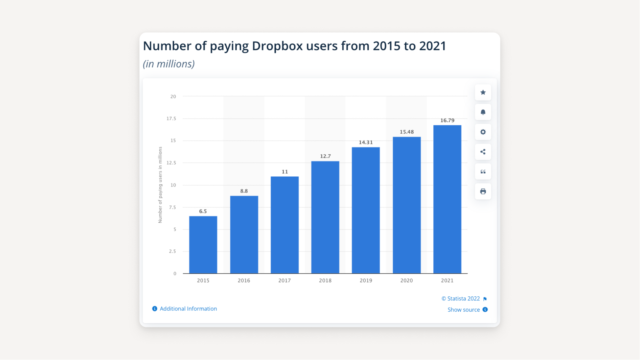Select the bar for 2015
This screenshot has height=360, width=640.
pyautogui.click(x=203, y=245)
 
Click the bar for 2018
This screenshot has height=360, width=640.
pyautogui.click(x=325, y=217)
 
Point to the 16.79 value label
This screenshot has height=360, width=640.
pyautogui.click(x=447, y=121)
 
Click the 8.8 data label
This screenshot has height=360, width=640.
pyautogui.click(x=244, y=191)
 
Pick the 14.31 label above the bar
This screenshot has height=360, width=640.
pyautogui.click(x=365, y=143)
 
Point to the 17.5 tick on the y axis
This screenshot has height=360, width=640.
pyautogui.click(x=171, y=119)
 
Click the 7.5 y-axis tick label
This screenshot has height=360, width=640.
pyautogui.click(x=172, y=207)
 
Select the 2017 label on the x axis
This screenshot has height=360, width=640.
pyautogui.click(x=285, y=280)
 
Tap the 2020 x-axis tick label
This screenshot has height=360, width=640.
pyautogui.click(x=406, y=280)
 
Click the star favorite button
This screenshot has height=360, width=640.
pyautogui.click(x=483, y=93)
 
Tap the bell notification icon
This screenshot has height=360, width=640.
pyautogui.click(x=483, y=112)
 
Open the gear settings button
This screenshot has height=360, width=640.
pyautogui.click(x=483, y=132)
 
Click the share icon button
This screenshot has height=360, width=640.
pyautogui.click(x=483, y=152)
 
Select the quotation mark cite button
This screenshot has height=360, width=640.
pyautogui.click(x=483, y=172)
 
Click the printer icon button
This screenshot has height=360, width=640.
pyautogui.click(x=483, y=191)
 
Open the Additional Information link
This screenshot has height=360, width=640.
pyautogui.click(x=188, y=309)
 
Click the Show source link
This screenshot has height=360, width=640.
pyautogui.click(x=463, y=310)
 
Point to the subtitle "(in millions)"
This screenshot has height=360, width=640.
pyautogui.click(x=169, y=64)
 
